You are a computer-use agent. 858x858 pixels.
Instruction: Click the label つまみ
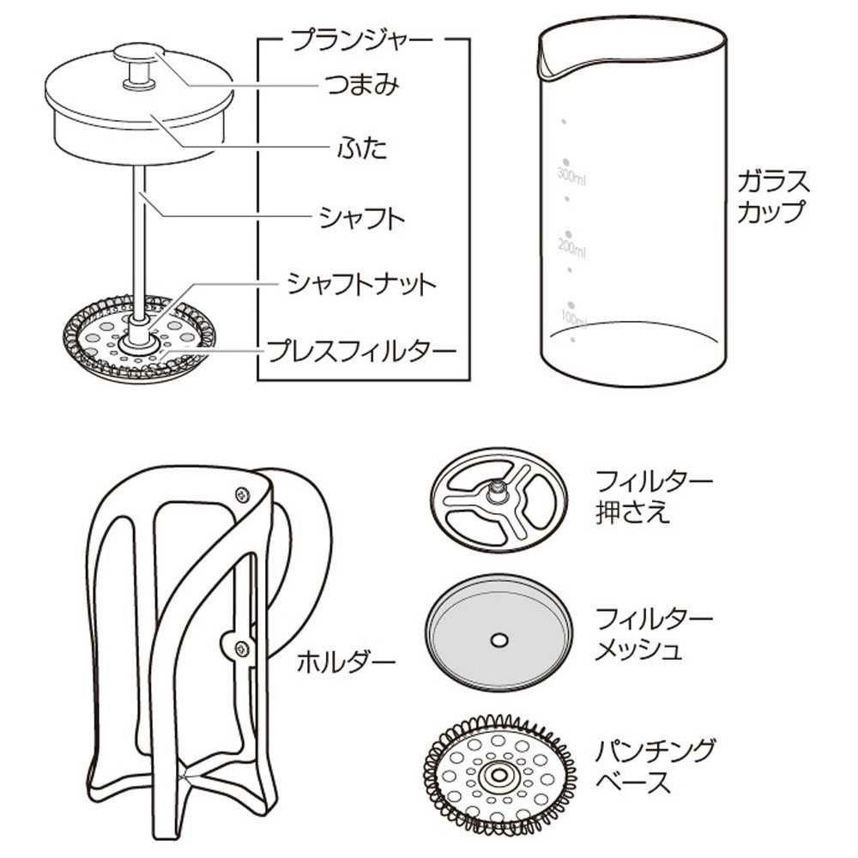point(362,85)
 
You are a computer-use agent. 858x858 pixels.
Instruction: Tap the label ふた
point(362,148)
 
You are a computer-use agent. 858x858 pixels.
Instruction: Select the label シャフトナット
point(361,284)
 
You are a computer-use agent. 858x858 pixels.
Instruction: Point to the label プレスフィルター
point(361,351)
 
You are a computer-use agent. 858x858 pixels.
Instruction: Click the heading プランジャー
point(362,40)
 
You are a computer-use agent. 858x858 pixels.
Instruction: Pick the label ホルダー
point(346,662)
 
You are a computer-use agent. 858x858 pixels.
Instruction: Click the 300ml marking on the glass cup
point(571,175)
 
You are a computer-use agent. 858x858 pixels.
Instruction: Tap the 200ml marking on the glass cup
point(571,247)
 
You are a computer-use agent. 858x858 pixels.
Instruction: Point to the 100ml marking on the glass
point(572,317)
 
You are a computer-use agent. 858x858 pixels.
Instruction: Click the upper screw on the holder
point(241,495)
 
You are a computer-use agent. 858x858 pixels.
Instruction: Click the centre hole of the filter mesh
point(498,640)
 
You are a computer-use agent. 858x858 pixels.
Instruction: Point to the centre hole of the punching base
point(498,775)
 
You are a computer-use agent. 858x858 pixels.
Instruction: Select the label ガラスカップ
point(772,196)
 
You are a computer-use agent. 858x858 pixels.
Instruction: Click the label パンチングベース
point(655,766)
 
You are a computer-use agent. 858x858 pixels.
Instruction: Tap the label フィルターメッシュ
point(655,634)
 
